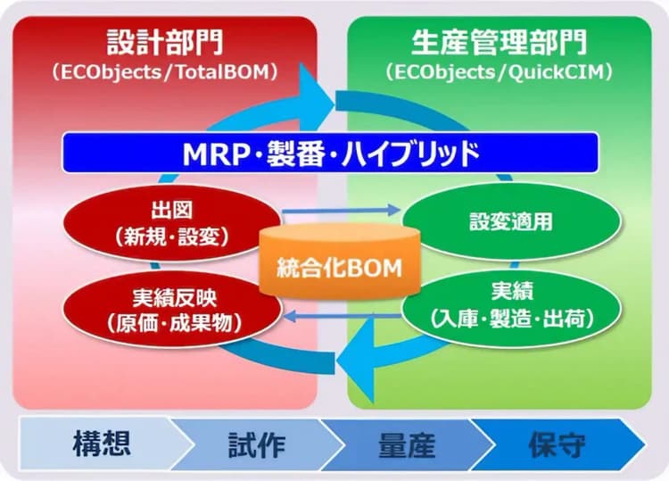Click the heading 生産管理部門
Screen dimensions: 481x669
click(499, 42)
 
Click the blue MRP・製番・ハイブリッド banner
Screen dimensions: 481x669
click(330, 152)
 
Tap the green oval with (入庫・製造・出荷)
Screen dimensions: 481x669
click(510, 303)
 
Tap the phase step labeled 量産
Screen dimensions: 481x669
click(406, 444)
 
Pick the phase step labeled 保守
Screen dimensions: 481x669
click(557, 444)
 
